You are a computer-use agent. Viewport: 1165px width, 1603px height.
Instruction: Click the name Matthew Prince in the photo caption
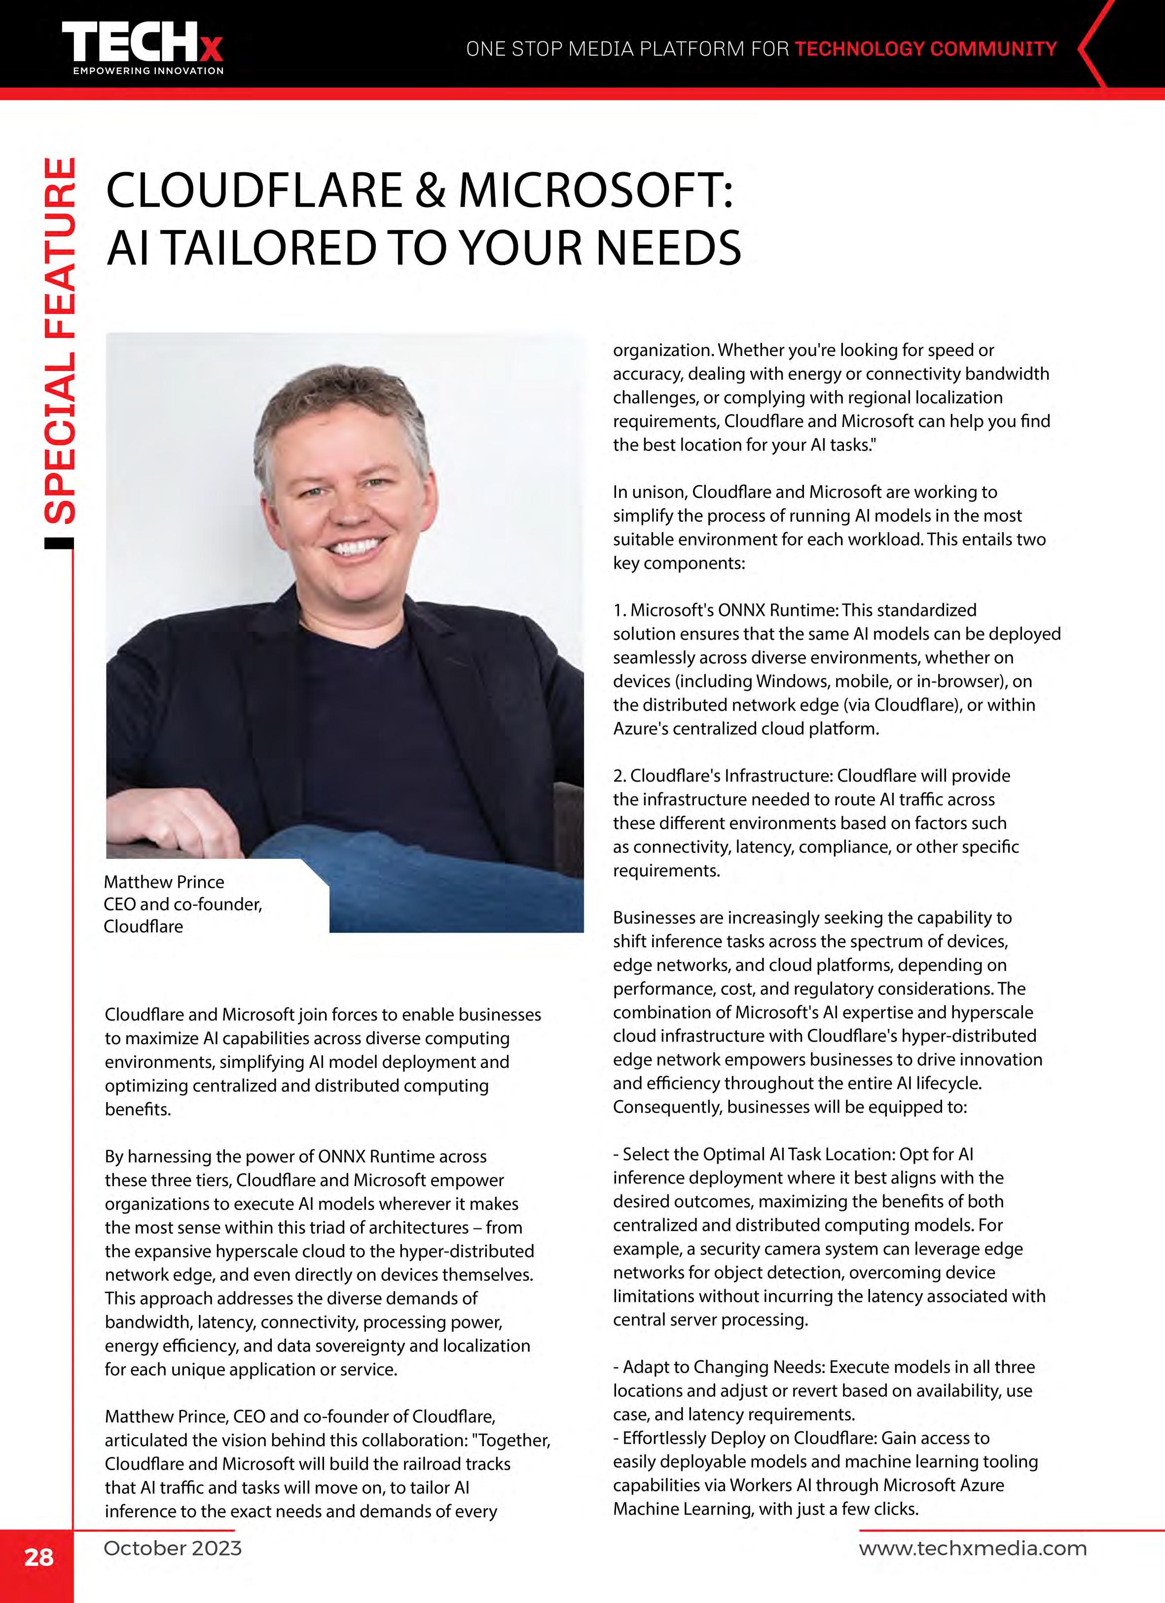[164, 882]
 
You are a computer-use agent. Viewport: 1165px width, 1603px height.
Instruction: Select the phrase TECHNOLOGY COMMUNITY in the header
[925, 49]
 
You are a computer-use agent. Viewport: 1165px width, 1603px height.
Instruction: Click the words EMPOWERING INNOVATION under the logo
[148, 71]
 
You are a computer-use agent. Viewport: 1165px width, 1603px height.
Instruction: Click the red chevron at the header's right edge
[1093, 48]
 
